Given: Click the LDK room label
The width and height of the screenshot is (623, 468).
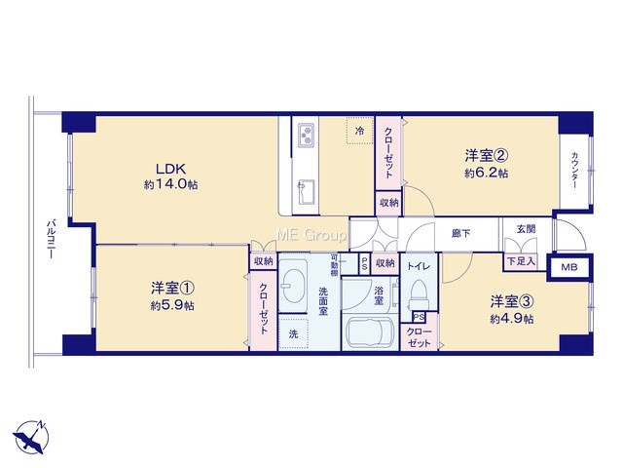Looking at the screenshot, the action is click(x=171, y=169).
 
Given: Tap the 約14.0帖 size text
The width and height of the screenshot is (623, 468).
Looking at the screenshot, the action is click(x=171, y=184).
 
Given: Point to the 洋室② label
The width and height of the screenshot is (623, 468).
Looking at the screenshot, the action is click(x=487, y=155).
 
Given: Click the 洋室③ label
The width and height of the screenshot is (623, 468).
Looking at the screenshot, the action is click(x=512, y=301).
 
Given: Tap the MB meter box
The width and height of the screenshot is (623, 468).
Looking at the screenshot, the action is click(x=568, y=267).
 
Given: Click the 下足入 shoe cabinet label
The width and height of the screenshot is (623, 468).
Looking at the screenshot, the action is click(x=521, y=262).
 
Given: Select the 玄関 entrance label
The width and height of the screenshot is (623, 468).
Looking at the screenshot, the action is click(x=526, y=229).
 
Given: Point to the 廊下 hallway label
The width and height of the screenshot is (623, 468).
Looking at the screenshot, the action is click(x=460, y=234).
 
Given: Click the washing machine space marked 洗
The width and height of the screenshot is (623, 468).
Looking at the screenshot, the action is click(x=293, y=333).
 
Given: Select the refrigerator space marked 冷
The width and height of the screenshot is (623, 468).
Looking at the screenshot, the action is click(x=359, y=130).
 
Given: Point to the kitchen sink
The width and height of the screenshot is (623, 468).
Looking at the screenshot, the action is click(x=307, y=192).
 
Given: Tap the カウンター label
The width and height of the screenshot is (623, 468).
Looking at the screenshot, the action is click(x=574, y=171).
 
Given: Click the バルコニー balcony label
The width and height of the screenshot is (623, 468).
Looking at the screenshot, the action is click(x=50, y=238).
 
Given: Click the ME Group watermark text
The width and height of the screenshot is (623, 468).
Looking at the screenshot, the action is click(x=311, y=235).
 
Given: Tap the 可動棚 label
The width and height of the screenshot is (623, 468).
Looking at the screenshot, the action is click(x=334, y=265).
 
